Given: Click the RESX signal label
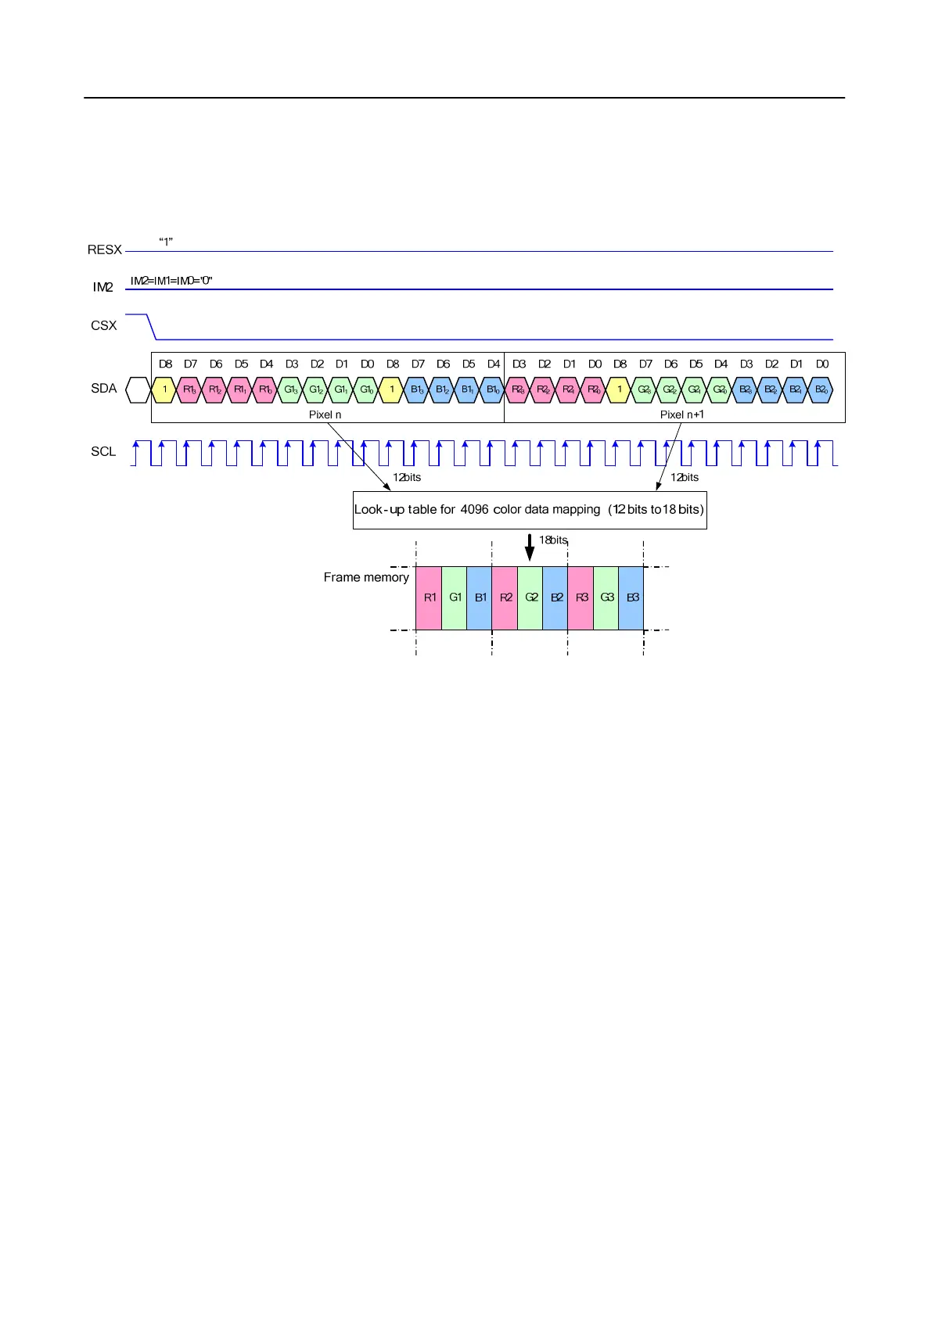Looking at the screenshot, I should point(104,249).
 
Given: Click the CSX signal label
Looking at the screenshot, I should point(103,325).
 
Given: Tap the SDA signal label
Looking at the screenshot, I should point(103,388).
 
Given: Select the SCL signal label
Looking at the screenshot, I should point(103,451).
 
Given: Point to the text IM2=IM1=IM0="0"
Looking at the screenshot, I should point(171,281).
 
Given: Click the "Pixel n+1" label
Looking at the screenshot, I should point(681,414).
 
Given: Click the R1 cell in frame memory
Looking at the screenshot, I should point(430,597).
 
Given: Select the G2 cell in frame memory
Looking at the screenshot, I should point(531,597).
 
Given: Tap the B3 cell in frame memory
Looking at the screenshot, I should point(632,597).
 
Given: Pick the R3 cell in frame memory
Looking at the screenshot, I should point(581,597).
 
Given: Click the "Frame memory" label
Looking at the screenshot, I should point(366,577).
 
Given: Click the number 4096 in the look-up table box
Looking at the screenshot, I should point(474,509).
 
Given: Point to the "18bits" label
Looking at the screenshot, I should point(553,540).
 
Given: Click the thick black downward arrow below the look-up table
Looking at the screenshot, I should point(530,547).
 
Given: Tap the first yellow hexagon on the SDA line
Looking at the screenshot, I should point(164,389).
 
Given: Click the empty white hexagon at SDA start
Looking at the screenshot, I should point(138,389).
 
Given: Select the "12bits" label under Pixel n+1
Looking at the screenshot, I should point(684,477).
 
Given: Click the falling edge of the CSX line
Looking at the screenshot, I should point(152,327).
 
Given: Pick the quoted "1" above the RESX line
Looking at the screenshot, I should point(166,242).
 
